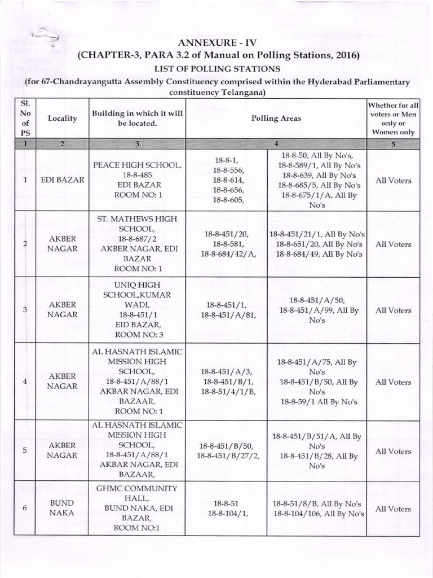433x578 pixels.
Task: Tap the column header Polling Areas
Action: point(276,119)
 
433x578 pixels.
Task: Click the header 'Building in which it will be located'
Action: point(138,119)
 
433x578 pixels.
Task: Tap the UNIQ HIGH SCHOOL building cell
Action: point(138,310)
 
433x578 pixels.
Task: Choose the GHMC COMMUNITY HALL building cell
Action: point(138,508)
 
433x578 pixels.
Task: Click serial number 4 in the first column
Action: point(24,382)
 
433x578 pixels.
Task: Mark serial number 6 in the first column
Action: point(24,508)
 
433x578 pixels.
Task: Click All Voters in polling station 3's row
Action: point(393,310)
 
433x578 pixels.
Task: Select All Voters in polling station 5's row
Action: point(393,451)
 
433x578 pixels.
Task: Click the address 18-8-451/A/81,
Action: point(226,316)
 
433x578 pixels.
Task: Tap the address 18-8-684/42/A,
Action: point(226,254)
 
